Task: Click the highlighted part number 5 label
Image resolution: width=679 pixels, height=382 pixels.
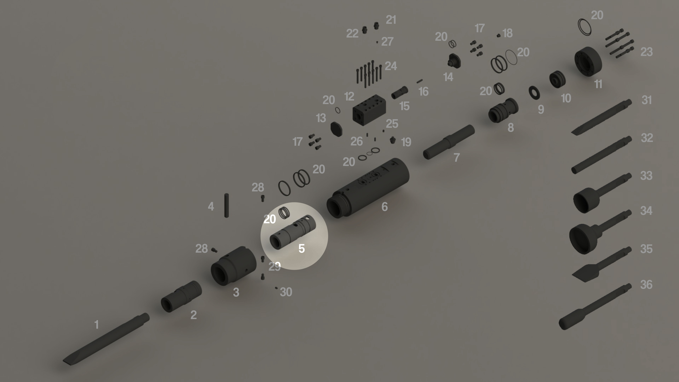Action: pyautogui.click(x=302, y=248)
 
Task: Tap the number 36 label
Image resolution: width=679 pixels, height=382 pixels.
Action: pyautogui.click(x=646, y=285)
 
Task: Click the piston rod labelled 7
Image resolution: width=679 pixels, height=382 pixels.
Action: pyautogui.click(x=449, y=142)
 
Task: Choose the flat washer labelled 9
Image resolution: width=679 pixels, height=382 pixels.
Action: pyautogui.click(x=534, y=93)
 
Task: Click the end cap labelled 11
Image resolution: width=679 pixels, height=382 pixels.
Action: pyautogui.click(x=588, y=61)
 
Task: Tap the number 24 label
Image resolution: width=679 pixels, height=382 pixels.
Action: pyautogui.click(x=391, y=66)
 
